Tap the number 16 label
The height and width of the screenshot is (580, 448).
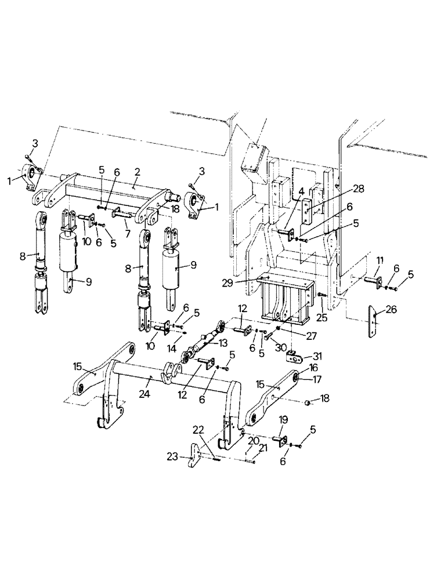click(313, 368)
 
